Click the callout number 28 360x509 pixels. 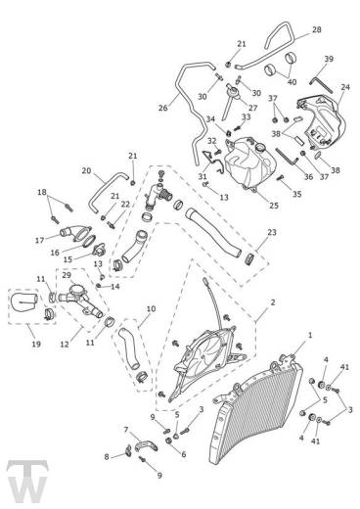pyautogui.click(x=316, y=29)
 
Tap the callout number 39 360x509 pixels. pyautogui.click(x=329, y=59)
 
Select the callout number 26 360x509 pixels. pyautogui.click(x=162, y=108)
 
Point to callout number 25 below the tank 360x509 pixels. pyautogui.click(x=274, y=206)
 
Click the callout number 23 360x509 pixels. pyautogui.click(x=272, y=232)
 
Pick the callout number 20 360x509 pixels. pyautogui.click(x=86, y=170)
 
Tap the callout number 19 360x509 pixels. pyautogui.click(x=36, y=344)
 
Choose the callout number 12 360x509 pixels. pyautogui.click(x=65, y=344)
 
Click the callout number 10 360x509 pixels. pyautogui.click(x=151, y=308)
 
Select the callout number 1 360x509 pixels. pyautogui.click(x=310, y=335)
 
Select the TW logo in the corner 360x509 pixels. pyautogui.click(x=27, y=482)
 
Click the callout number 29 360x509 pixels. pyautogui.click(x=67, y=275)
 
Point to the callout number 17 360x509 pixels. pyautogui.click(x=39, y=241)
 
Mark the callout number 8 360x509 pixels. pyautogui.click(x=107, y=457)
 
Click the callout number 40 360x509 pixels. pyautogui.click(x=292, y=81)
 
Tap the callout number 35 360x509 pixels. pyautogui.click(x=296, y=194)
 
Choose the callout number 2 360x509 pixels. pyautogui.click(x=273, y=302)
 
